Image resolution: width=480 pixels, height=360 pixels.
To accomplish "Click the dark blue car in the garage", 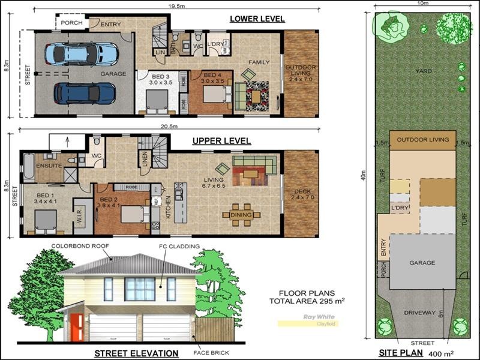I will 84,93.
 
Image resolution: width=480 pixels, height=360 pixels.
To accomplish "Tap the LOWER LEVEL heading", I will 257,19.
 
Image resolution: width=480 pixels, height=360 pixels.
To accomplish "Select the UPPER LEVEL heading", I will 221,142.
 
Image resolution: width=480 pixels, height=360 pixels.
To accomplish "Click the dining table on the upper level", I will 241,215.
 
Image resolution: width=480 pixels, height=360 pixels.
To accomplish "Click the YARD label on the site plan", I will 424,71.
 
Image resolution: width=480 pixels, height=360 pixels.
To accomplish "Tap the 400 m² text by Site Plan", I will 442,353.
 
